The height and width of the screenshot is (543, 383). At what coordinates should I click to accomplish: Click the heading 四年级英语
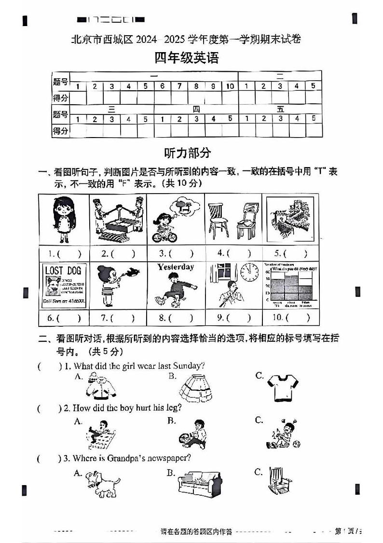(x=186, y=58)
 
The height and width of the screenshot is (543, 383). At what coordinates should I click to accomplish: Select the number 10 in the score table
(x=230, y=86)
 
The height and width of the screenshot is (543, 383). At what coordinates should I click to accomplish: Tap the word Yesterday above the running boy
(x=175, y=267)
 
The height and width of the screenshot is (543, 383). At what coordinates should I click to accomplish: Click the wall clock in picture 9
(x=249, y=273)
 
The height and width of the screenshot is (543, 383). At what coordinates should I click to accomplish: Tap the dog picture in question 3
(x=102, y=483)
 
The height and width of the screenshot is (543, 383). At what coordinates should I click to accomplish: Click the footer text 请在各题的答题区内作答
(x=196, y=532)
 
